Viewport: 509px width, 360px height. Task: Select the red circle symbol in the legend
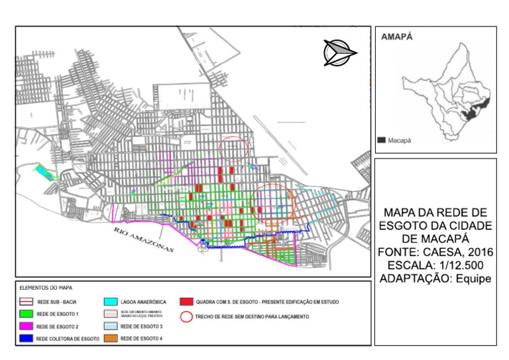tap(188, 317)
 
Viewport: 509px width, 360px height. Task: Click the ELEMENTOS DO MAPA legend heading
tap(46, 288)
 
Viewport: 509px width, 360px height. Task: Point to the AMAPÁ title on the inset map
tap(397, 38)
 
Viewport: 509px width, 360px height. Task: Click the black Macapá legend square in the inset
tap(382, 141)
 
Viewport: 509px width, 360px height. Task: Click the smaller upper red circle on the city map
tap(236, 149)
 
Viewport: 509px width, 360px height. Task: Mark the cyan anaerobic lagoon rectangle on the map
tap(45, 172)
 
